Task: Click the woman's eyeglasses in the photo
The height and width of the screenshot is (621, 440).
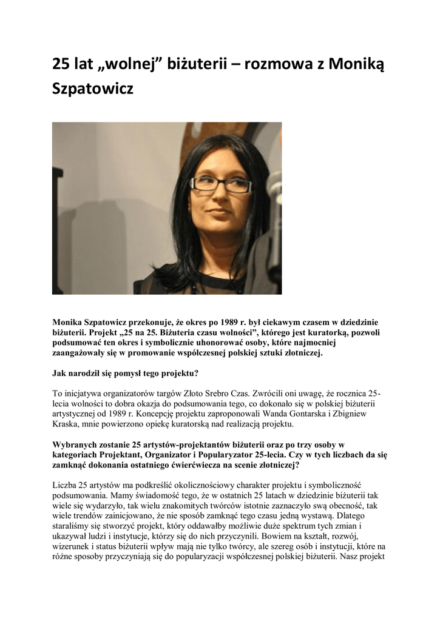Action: pyautogui.click(x=220, y=184)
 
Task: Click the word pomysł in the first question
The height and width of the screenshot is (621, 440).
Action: pyautogui.click(x=131, y=372)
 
